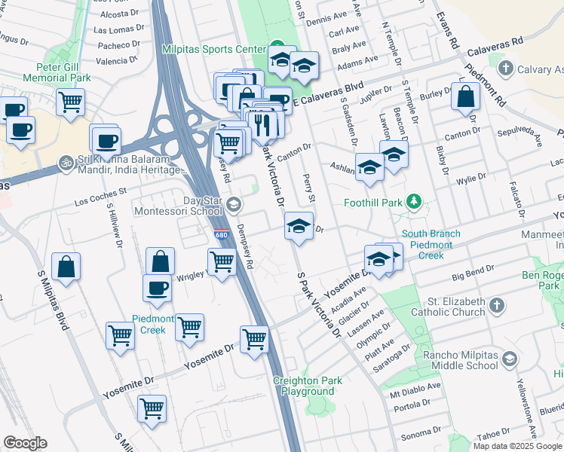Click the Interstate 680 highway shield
pyautogui.click(x=220, y=234)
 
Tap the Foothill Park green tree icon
pyautogui.click(x=413, y=202)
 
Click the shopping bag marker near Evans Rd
pyautogui.click(x=467, y=98)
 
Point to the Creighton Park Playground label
pyautogui.click(x=308, y=386)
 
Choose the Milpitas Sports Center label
pyautogui.click(x=214, y=49)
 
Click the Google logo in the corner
pyautogui.click(x=25, y=443)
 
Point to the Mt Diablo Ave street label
pyautogui.click(x=415, y=389)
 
